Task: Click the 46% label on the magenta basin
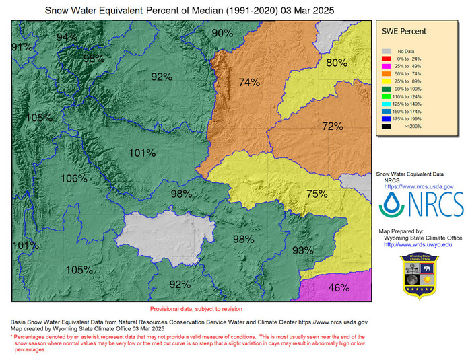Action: click(x=339, y=288)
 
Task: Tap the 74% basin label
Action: click(x=249, y=83)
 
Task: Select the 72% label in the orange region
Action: click(x=333, y=126)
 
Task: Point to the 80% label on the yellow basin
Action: click(x=337, y=63)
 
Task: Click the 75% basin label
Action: click(x=317, y=194)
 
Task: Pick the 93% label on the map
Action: click(x=303, y=250)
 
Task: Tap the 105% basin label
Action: click(x=79, y=270)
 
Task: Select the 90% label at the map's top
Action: click(x=222, y=33)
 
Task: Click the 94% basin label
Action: click(x=67, y=36)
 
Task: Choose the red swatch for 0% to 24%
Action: click(x=386, y=59)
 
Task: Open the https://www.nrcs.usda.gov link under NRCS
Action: click(x=418, y=186)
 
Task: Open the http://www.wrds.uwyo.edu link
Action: click(x=418, y=244)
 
